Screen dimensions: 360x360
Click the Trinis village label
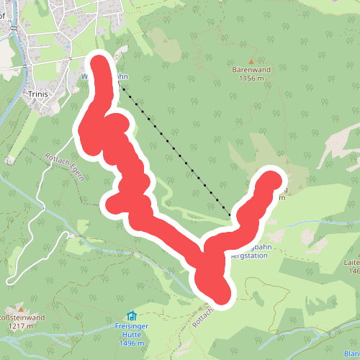click(x=36, y=94)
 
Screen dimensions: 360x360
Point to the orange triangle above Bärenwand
click(x=251, y=60)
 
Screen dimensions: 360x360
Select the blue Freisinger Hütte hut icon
click(x=132, y=315)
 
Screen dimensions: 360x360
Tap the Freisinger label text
click(x=132, y=326)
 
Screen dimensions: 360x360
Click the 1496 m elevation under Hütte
click(x=132, y=343)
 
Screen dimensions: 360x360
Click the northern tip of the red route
click(x=99, y=64)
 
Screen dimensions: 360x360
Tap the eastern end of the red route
click(x=272, y=178)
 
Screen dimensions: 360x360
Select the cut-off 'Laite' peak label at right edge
click(x=353, y=263)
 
